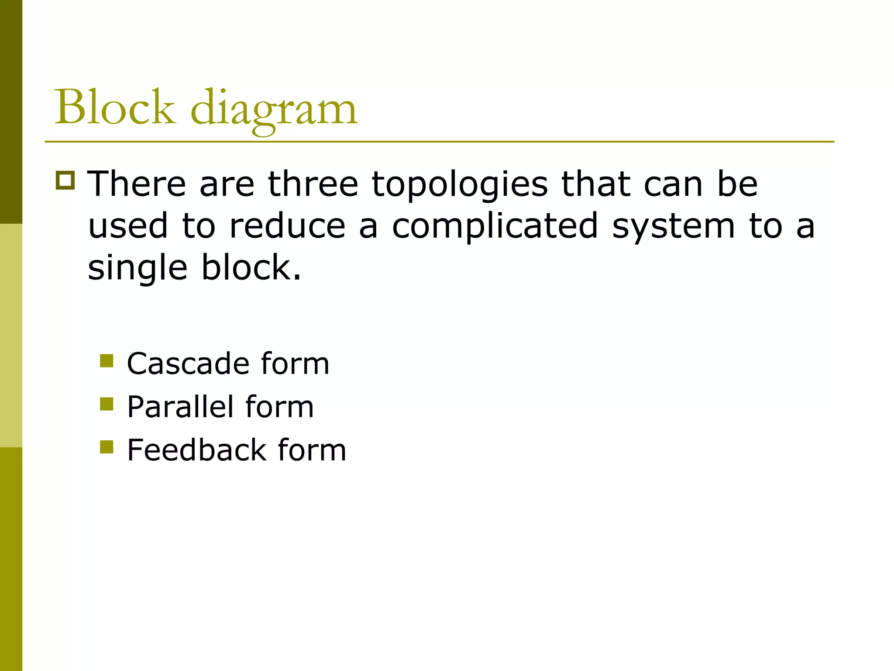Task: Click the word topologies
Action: tap(460, 186)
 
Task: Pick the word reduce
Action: tap(287, 226)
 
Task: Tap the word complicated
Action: tap(495, 227)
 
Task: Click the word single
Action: tap(138, 269)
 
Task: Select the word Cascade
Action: tap(188, 363)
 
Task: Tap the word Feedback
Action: tap(196, 450)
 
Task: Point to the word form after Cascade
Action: tap(295, 363)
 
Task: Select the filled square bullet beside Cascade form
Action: tap(107, 361)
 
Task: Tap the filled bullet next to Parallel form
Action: tap(107, 404)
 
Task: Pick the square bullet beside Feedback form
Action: tap(107, 447)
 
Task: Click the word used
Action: tap(128, 226)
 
